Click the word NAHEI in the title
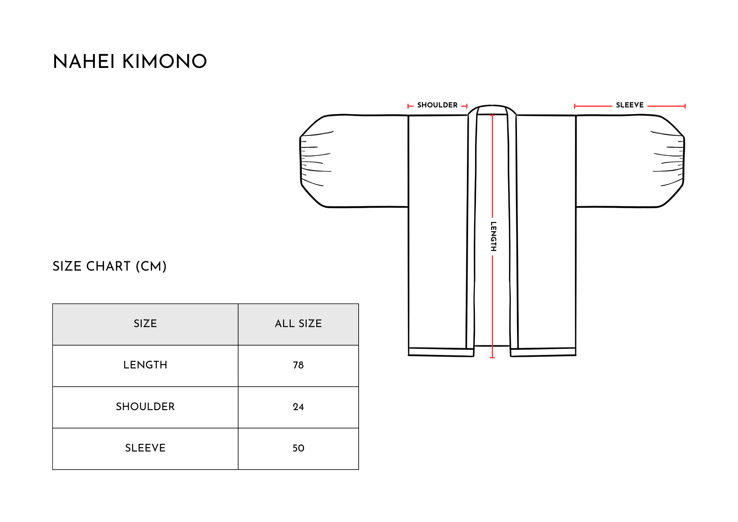(x=84, y=61)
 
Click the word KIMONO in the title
(x=165, y=61)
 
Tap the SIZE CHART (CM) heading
(x=110, y=266)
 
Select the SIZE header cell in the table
(x=145, y=324)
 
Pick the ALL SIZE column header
(x=298, y=324)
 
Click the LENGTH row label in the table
(x=145, y=365)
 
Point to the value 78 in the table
(x=298, y=365)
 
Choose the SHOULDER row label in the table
(x=145, y=406)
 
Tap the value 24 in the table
(x=298, y=407)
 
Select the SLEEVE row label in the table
(x=145, y=448)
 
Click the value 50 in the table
(x=298, y=448)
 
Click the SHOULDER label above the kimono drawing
(x=437, y=105)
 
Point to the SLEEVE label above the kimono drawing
(x=630, y=105)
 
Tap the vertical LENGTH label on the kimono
(x=493, y=236)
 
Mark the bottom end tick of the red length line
(x=492, y=357)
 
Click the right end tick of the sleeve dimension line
(x=685, y=106)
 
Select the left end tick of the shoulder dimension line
(x=408, y=106)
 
